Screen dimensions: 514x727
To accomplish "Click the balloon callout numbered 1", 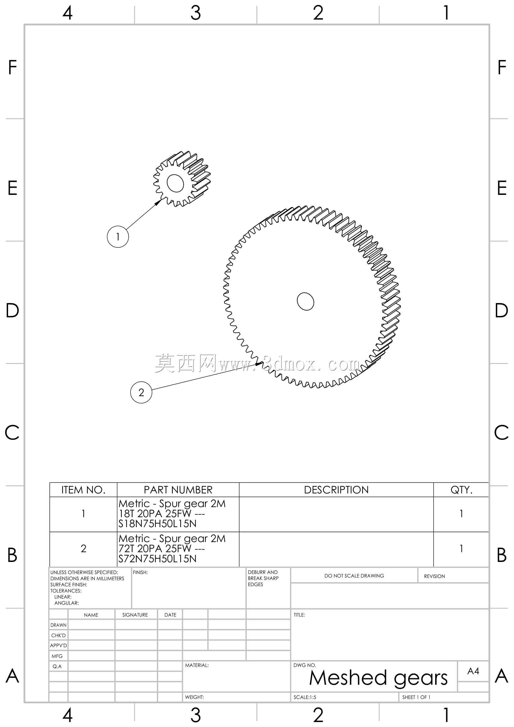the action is click(118, 237).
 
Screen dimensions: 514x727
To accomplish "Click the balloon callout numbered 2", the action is click(141, 392).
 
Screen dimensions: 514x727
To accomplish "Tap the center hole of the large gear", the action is click(305, 301).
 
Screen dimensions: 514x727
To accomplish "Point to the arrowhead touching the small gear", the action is click(158, 202).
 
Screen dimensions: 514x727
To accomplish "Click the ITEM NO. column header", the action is click(83, 490).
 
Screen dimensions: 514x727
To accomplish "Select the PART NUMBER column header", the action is click(178, 490).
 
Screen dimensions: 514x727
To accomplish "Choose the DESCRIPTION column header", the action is click(336, 490).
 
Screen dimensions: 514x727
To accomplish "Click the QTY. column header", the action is click(461, 490).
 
